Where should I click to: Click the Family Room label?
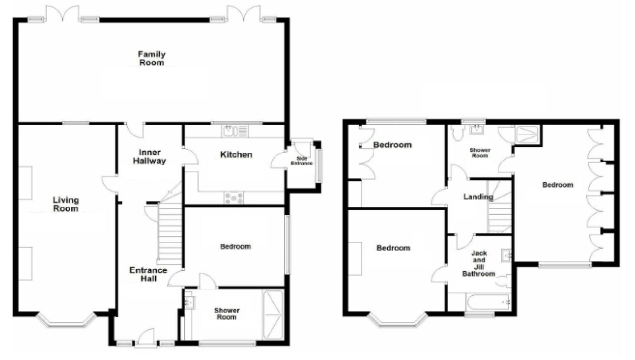coord(152,58)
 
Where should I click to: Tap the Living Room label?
coord(66,204)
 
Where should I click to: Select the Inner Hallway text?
coord(149,157)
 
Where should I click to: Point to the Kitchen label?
coord(236,155)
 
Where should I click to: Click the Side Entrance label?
coord(302,161)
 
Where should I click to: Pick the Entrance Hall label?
coord(148,274)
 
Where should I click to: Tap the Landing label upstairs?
coord(478,197)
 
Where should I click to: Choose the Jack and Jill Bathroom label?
coord(479,263)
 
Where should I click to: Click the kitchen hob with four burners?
coord(234,198)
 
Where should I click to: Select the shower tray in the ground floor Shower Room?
coord(273,315)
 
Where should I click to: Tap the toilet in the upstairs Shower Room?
coord(457,133)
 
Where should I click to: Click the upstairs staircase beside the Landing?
coord(500,207)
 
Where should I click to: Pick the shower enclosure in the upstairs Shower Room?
coord(527,135)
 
